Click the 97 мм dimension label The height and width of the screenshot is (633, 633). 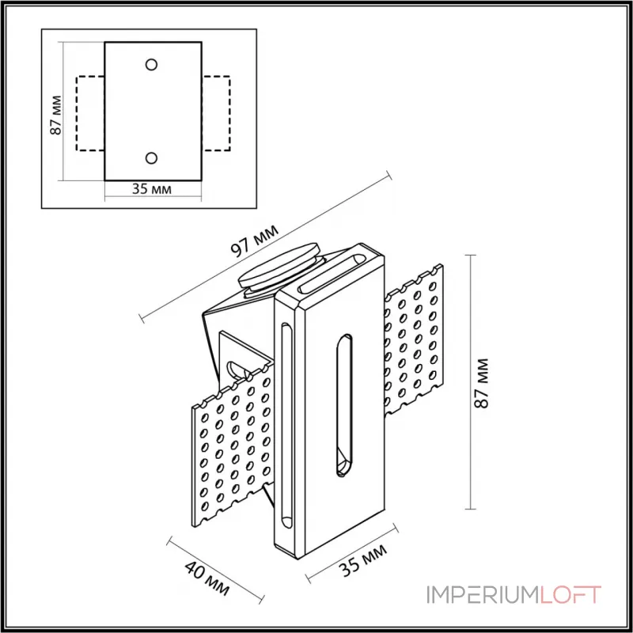coord(254,240)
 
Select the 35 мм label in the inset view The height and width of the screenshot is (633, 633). coord(152,189)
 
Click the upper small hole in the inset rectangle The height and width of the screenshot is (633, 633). coord(152,64)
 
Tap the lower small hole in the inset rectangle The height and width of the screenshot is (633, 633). coord(152,158)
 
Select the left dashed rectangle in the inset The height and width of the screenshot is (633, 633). coord(89,112)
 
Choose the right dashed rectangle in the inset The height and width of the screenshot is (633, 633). coord(216,112)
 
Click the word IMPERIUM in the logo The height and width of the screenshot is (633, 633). coord(483,595)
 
